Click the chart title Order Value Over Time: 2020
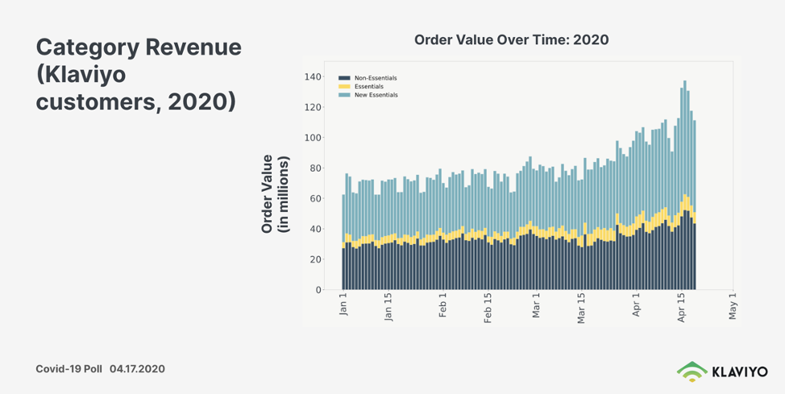[511, 39]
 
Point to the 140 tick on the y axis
[312, 77]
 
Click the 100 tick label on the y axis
[312, 138]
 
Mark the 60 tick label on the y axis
[314, 198]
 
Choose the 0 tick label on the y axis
[318, 290]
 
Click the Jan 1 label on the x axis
[344, 305]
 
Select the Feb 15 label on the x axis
[488, 307]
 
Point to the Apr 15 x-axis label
[682, 307]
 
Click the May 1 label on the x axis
[733, 305]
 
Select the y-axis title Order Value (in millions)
[275, 193]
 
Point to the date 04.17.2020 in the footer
[137, 368]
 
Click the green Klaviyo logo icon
[691, 371]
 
